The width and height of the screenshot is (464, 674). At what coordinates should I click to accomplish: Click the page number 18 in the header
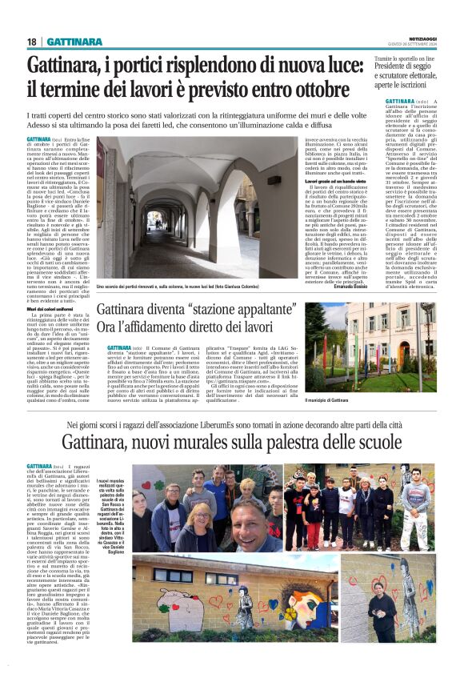32,41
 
